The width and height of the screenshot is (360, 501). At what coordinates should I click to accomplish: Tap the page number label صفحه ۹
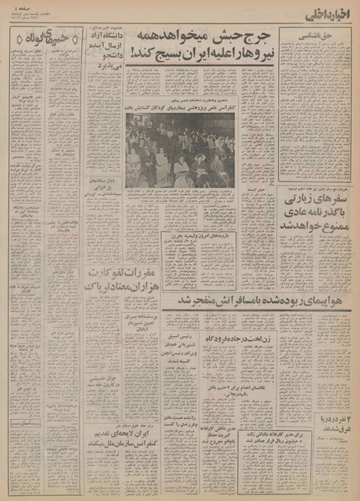[18, 8]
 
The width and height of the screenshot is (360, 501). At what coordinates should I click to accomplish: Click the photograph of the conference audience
[180, 151]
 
